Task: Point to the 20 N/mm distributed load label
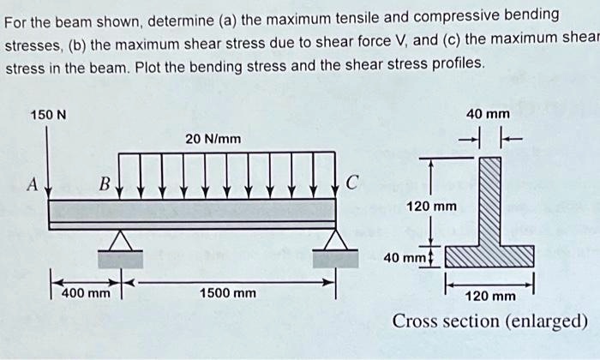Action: coord(213,139)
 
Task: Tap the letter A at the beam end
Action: coord(31,183)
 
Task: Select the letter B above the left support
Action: coord(104,183)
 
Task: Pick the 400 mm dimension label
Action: coord(87,293)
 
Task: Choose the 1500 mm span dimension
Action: coord(227,293)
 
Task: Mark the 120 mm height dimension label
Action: coord(432,207)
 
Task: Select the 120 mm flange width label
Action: coord(489,297)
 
